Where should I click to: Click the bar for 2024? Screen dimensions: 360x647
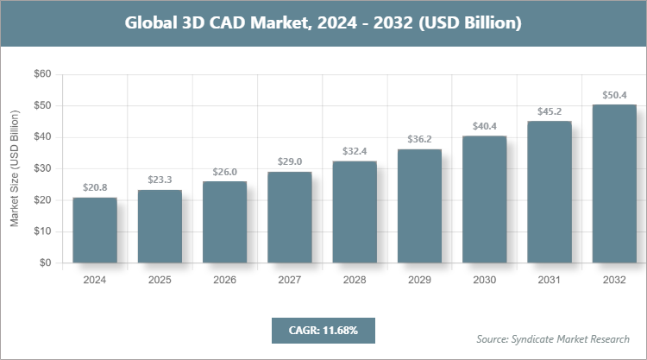95,230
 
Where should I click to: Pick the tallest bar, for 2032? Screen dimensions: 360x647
613,183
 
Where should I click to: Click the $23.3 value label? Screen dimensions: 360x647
160,180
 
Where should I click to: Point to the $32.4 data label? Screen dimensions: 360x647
355,151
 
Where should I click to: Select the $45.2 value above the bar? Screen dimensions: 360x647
549,111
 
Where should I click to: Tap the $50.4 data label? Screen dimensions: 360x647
613,94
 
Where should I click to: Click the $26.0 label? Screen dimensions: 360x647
224,171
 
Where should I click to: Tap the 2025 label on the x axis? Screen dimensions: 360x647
160,280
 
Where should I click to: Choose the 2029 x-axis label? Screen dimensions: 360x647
419,280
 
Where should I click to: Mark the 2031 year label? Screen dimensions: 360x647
549,280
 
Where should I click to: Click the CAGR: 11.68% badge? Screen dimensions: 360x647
323,330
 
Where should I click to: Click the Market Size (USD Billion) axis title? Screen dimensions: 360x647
15,168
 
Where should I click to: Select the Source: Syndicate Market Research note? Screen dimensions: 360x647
553,338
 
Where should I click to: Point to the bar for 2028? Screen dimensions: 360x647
355,212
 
